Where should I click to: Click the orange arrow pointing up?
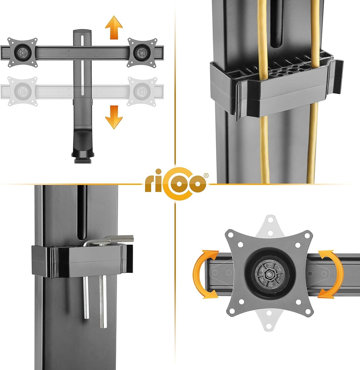click(114, 27)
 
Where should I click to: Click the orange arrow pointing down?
click(114, 117)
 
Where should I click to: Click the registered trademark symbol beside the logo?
click(206, 175)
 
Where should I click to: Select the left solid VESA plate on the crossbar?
click(22, 52)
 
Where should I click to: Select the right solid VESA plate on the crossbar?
click(142, 52)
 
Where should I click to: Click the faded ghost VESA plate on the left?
click(22, 91)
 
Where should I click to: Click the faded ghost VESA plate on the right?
click(142, 91)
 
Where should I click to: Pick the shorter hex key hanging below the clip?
click(86, 298)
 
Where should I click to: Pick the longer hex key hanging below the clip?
click(103, 302)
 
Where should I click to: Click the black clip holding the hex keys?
click(82, 261)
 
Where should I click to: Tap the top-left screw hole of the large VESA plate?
click(231, 235)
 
